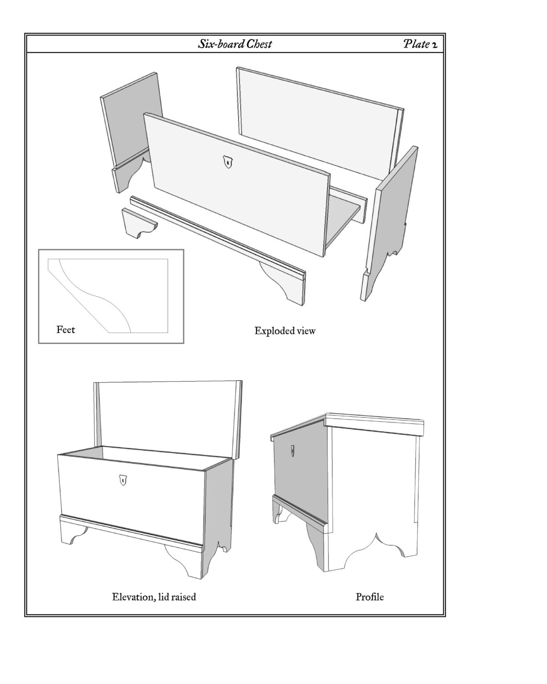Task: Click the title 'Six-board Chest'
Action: coord(235,44)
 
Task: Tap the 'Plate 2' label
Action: coord(420,44)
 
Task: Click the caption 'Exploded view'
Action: coord(284,331)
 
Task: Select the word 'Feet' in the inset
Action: coord(65,330)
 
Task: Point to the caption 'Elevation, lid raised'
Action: coord(154,597)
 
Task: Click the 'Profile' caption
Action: coord(369,597)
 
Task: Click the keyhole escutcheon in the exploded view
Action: coord(227,162)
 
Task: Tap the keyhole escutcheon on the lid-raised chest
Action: coord(122,480)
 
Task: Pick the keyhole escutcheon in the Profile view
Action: coord(292,451)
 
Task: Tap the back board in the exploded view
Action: coord(320,124)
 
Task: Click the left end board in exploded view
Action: coord(132,132)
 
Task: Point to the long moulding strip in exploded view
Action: coord(218,251)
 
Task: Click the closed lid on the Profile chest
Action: coord(347,426)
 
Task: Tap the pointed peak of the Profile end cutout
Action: coord(377,533)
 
